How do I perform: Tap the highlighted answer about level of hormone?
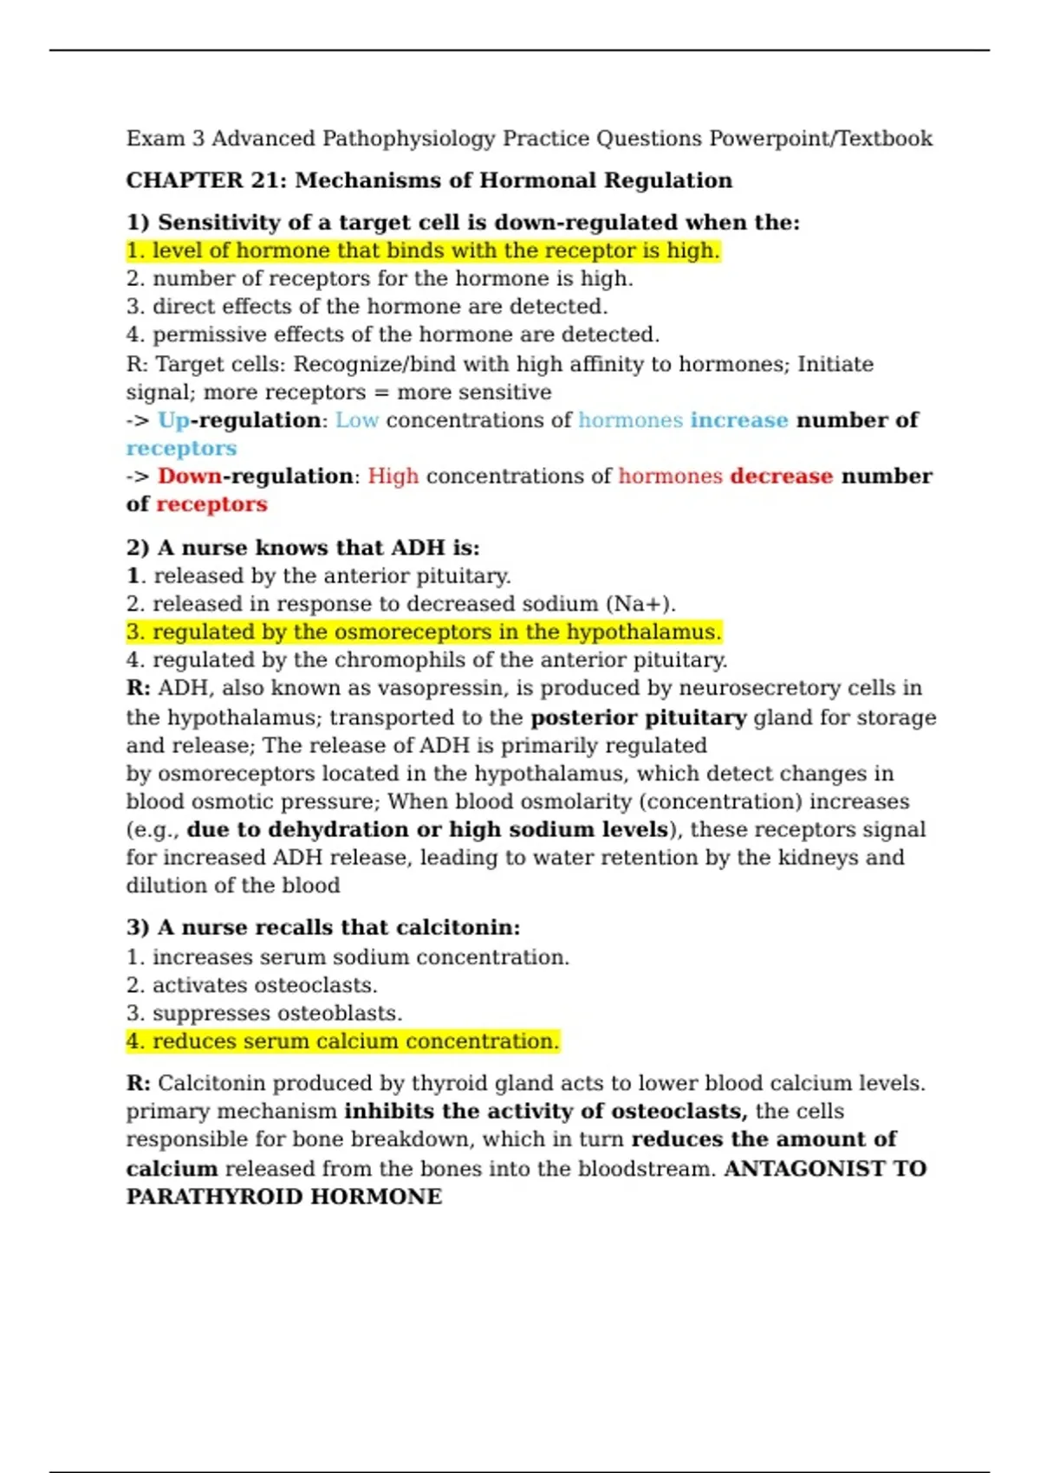[423, 250]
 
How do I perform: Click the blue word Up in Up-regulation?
[173, 420]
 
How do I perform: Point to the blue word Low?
[357, 420]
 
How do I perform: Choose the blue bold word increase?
[739, 420]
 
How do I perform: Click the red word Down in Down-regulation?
[189, 477]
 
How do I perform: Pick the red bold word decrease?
[781, 477]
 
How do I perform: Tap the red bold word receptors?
[211, 504]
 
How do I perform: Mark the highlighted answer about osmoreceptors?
[423, 632]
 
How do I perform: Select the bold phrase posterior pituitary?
[638, 717]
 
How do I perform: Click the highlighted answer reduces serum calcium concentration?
[343, 1041]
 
